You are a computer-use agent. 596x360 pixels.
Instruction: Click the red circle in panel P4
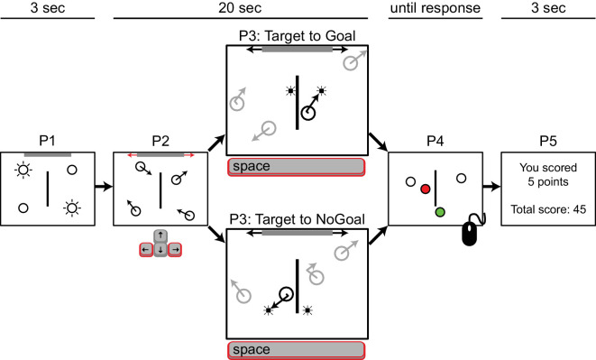426,189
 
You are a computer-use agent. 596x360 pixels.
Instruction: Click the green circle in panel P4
440,212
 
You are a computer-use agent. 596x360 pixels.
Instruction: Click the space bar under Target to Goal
296,167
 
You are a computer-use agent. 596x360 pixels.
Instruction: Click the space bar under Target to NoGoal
296,350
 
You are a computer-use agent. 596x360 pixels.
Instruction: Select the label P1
47,141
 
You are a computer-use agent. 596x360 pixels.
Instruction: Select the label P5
548,141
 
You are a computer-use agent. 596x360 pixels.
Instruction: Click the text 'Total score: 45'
548,209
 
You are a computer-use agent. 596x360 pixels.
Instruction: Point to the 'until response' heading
436,8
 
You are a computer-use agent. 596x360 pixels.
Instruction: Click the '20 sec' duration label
240,8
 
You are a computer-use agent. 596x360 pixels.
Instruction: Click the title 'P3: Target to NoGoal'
298,219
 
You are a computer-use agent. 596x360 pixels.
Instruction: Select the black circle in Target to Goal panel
308,113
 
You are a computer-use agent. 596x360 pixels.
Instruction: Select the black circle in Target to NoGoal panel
286,294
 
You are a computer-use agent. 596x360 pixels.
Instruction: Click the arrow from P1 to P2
104,187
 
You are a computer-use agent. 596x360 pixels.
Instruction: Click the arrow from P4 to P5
491,187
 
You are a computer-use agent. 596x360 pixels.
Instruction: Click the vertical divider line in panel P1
48,189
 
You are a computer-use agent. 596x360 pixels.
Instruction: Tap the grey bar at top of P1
48,155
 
